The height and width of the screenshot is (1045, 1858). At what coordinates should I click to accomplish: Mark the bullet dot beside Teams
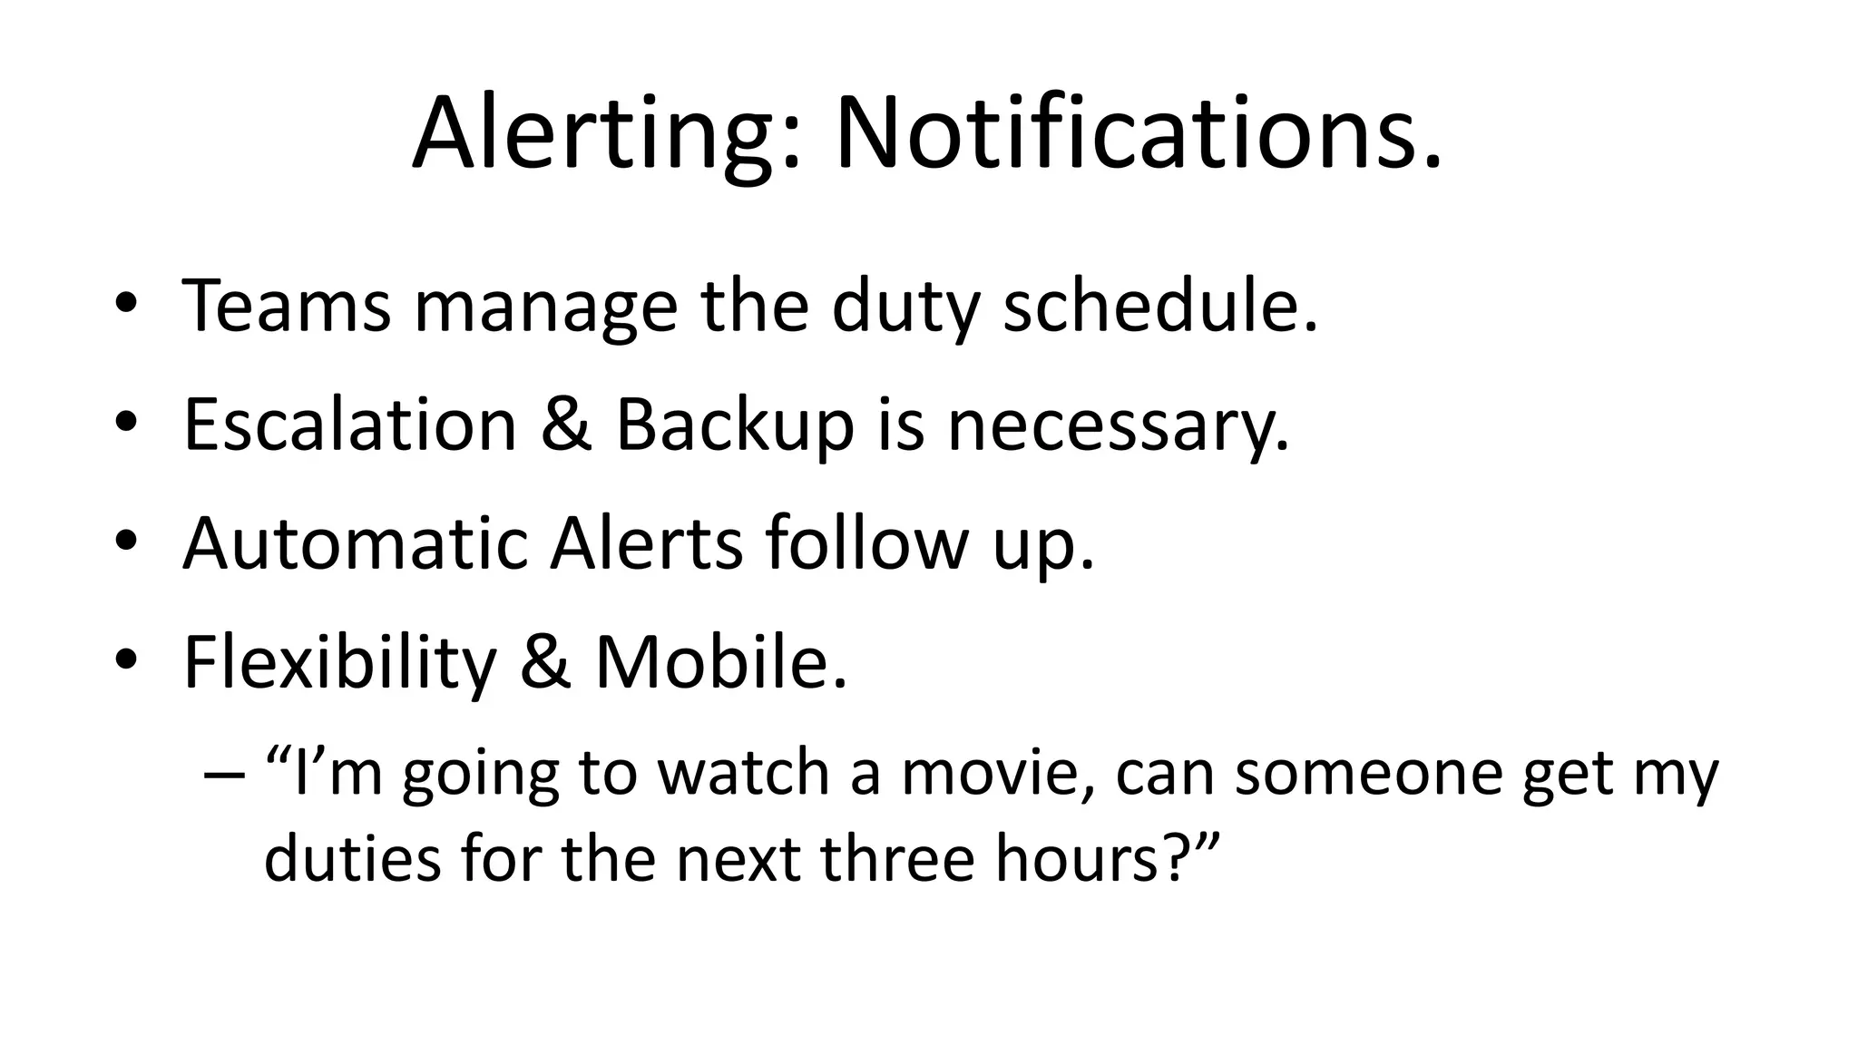click(x=126, y=306)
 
